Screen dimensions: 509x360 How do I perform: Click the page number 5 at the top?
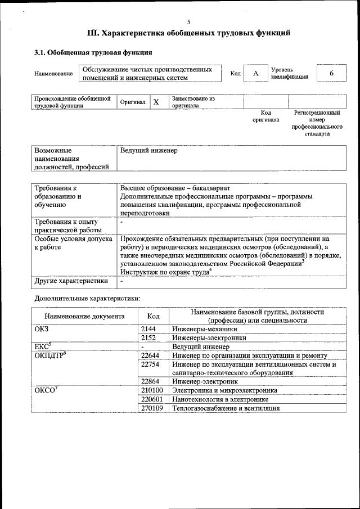(x=188, y=22)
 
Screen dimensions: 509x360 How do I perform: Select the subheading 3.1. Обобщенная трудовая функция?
(x=93, y=53)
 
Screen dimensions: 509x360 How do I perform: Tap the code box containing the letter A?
(x=256, y=74)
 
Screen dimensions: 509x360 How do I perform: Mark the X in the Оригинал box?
(x=156, y=102)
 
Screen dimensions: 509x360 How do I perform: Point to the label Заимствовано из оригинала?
(x=193, y=102)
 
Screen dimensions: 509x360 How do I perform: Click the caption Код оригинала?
(x=265, y=116)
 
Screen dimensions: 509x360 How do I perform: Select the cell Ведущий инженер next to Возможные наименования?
(x=148, y=151)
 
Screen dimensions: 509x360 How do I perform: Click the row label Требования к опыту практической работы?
(x=67, y=226)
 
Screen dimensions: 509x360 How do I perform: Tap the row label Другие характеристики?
(x=71, y=281)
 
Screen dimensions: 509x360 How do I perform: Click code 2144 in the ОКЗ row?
(x=148, y=329)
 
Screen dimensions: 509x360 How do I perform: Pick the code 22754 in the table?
(x=150, y=364)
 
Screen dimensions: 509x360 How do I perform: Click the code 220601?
(x=152, y=399)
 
